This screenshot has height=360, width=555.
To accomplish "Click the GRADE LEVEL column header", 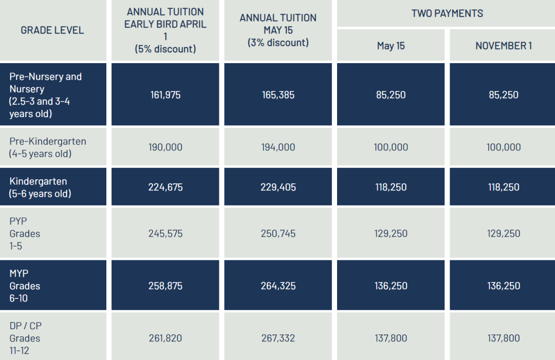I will pyautogui.click(x=52, y=30).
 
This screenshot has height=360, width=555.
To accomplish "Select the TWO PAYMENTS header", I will pyautogui.click(x=447, y=13).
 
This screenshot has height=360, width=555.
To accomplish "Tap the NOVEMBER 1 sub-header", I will pyautogui.click(x=504, y=46).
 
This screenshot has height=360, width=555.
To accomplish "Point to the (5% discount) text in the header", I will pyautogui.click(x=165, y=49).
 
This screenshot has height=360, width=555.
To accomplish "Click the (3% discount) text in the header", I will pyautogui.click(x=278, y=43).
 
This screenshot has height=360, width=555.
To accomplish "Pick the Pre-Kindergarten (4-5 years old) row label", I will pyautogui.click(x=48, y=147).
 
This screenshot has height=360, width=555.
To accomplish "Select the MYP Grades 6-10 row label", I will pyautogui.click(x=25, y=286).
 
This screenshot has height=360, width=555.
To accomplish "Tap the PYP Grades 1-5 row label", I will pyautogui.click(x=25, y=234).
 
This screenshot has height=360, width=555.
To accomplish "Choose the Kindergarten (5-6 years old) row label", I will pyautogui.click(x=40, y=187).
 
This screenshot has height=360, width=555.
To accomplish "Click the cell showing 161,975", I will pyautogui.click(x=165, y=95).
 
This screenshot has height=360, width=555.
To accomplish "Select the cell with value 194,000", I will pyautogui.click(x=278, y=147).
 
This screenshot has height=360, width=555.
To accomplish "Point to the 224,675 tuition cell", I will pyautogui.click(x=165, y=187).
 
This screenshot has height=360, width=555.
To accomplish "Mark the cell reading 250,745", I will pyautogui.click(x=278, y=234).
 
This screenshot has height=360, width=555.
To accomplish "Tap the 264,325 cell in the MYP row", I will pyautogui.click(x=278, y=286).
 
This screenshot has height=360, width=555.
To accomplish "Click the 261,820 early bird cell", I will pyautogui.click(x=165, y=338).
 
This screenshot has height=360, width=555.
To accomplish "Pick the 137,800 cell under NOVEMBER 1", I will pyautogui.click(x=504, y=338).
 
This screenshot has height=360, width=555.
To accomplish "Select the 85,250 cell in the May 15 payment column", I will pyautogui.click(x=391, y=95).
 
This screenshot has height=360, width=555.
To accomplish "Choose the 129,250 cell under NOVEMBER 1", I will pyautogui.click(x=504, y=234).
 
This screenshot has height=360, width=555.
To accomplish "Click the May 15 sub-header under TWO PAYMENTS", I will pyautogui.click(x=391, y=46).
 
